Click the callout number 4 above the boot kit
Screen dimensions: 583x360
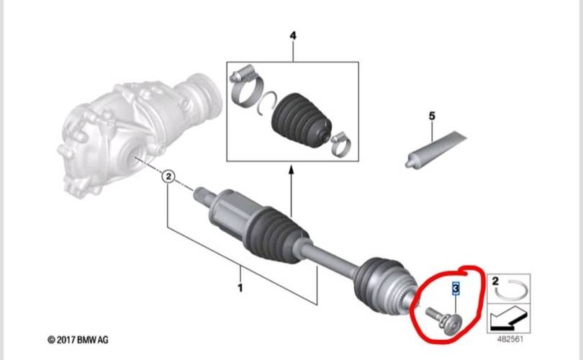[293, 36]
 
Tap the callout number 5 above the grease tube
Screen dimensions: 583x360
[432, 116]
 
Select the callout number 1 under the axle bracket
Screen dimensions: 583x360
[240, 287]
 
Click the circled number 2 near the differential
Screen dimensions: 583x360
[168, 176]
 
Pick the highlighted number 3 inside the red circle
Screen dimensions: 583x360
[456, 288]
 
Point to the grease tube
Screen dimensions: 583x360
[435, 150]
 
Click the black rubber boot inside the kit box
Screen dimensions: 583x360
[301, 120]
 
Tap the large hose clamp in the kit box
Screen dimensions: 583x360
[245, 86]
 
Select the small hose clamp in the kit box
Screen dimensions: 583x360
[341, 144]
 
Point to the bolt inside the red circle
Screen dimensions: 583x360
[443, 320]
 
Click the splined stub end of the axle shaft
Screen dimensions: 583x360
[203, 195]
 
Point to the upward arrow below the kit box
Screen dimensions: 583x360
[291, 192]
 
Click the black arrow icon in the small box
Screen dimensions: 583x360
[508, 318]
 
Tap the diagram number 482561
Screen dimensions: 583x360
[510, 339]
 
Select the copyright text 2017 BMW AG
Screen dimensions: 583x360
[78, 340]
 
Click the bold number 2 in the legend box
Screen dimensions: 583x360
[495, 281]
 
